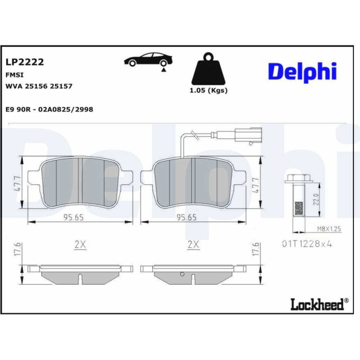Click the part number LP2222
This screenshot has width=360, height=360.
coord(24,62)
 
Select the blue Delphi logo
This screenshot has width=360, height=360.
coord(302,72)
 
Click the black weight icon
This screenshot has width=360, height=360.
coord(208,69)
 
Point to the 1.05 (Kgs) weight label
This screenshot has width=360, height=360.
coord(208,90)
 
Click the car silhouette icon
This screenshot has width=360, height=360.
coord(148,60)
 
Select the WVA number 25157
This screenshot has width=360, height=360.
coord(61,86)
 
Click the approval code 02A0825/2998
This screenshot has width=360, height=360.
coord(66,109)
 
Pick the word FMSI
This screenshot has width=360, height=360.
coord(14,75)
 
